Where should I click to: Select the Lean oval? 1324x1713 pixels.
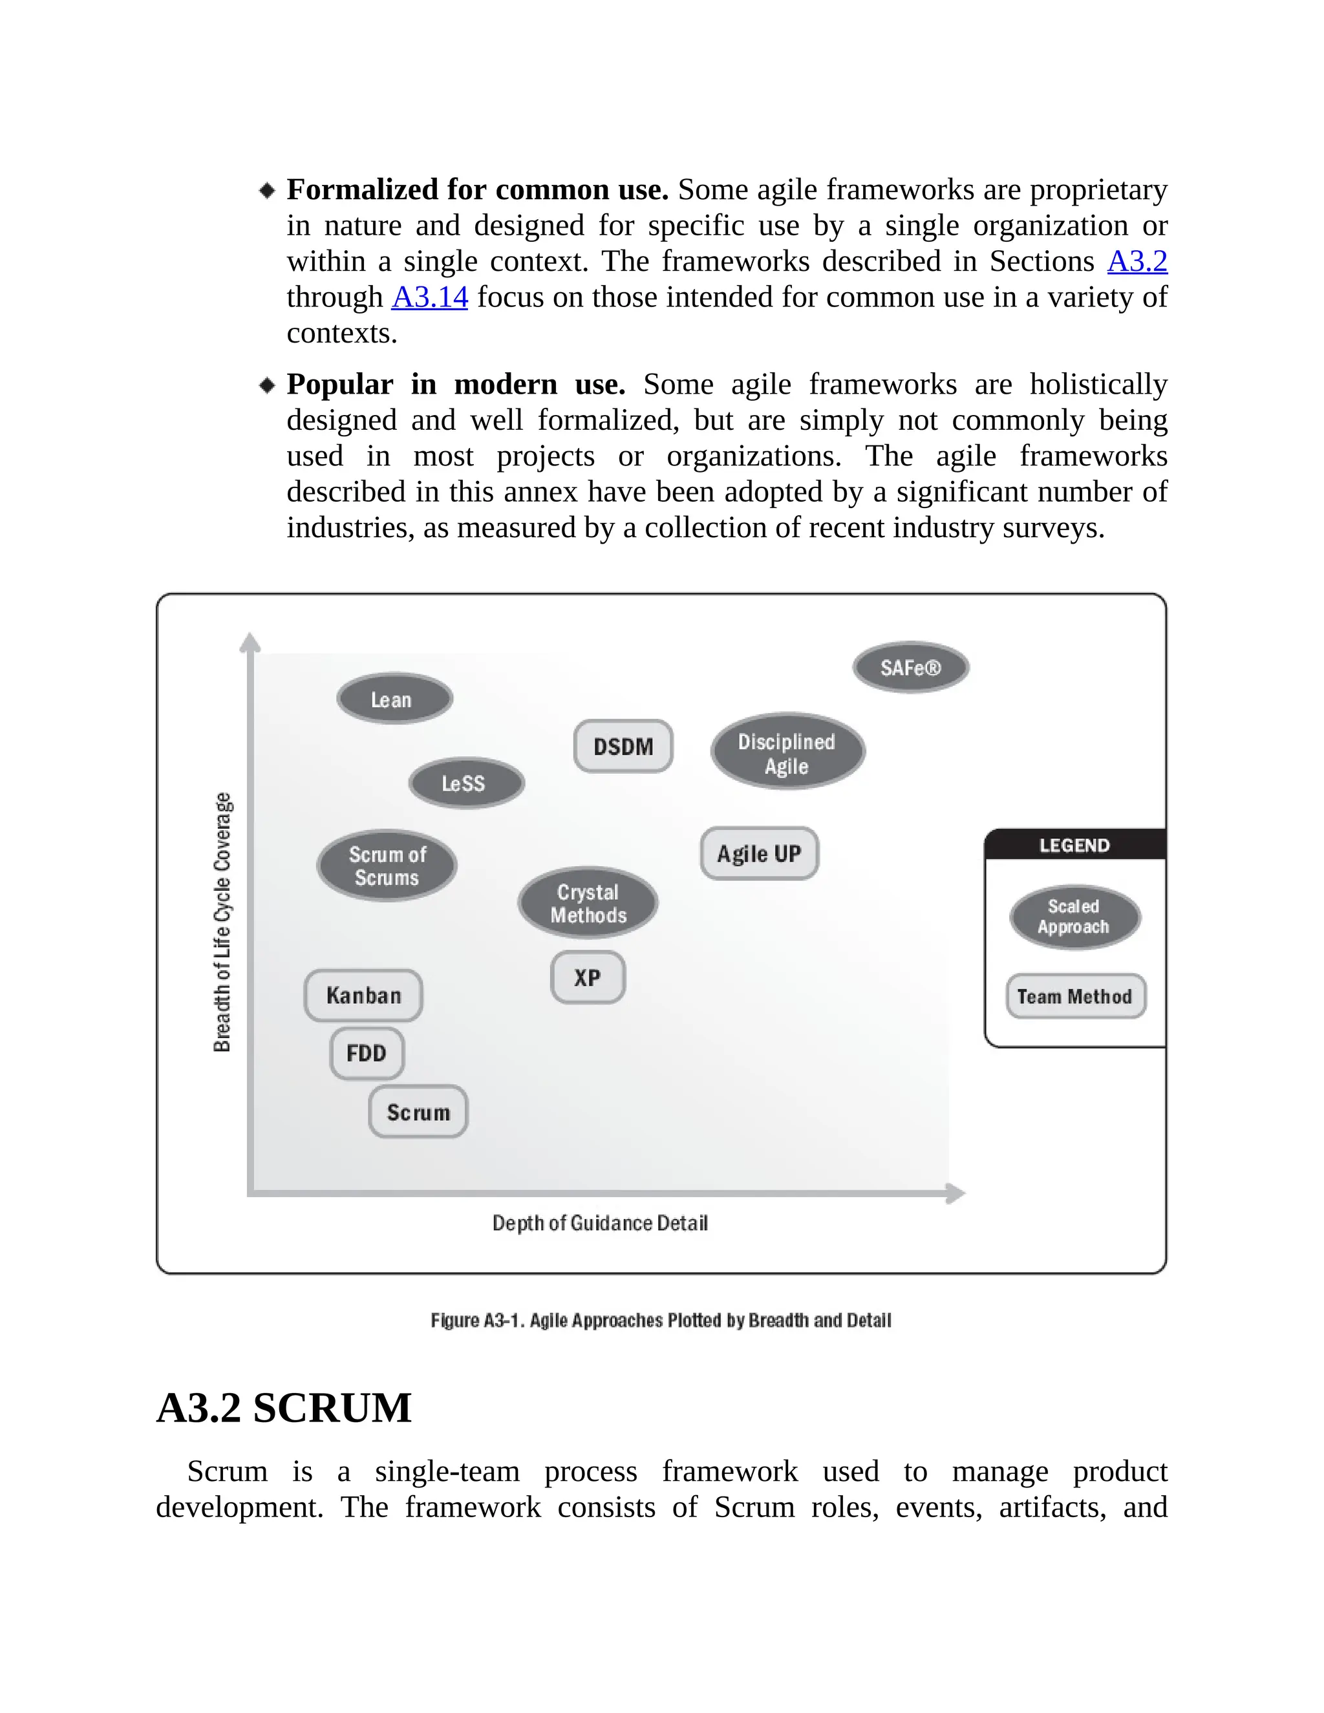click(x=394, y=699)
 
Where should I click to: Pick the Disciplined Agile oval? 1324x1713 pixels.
click(x=787, y=752)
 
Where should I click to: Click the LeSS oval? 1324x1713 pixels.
click(x=466, y=783)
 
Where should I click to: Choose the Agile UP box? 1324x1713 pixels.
click(x=758, y=853)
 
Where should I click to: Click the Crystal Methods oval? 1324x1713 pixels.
click(x=588, y=903)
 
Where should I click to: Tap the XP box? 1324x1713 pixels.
click(x=588, y=977)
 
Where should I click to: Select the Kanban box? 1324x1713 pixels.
click(x=363, y=995)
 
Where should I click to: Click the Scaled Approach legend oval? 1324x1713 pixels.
click(x=1074, y=916)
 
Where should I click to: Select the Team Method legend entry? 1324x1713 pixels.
click(x=1074, y=996)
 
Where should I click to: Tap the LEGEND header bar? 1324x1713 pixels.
click(x=1074, y=845)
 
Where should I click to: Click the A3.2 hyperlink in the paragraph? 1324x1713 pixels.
click(x=1137, y=261)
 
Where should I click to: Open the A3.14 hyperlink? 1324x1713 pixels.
click(x=429, y=297)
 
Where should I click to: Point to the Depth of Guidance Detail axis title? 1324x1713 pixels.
click(x=599, y=1223)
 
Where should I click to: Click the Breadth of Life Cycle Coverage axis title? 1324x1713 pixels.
click(x=223, y=922)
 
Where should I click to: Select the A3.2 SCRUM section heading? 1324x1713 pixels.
click(x=284, y=1408)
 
